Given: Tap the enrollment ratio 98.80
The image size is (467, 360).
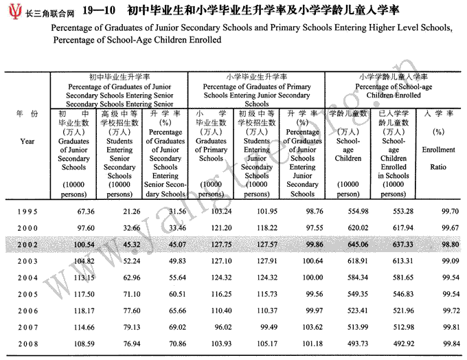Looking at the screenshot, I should point(440,244).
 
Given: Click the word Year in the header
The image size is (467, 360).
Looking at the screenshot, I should point(27,141).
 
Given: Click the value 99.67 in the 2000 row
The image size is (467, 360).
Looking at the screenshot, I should point(440,227).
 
